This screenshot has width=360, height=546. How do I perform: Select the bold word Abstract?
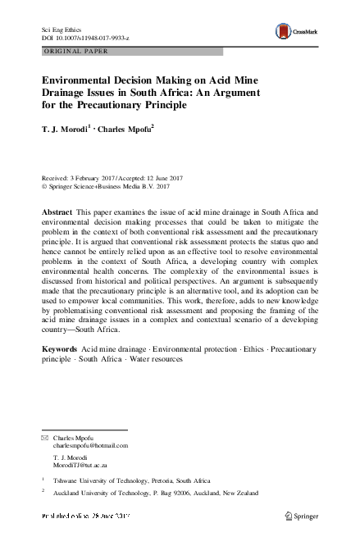tap(57, 212)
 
